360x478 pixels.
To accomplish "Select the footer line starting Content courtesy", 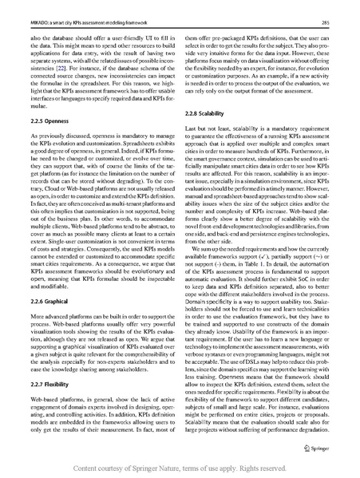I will click(x=180, y=468).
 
